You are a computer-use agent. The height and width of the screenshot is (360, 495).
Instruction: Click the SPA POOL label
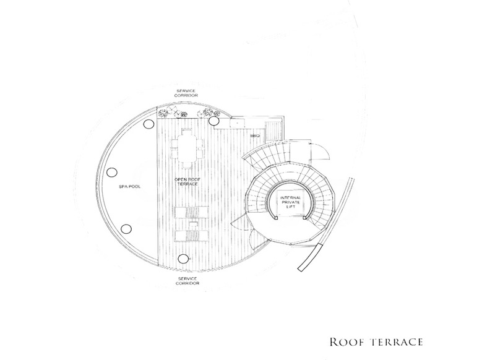(130, 186)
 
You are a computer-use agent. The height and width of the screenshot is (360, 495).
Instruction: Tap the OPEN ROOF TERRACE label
(187, 181)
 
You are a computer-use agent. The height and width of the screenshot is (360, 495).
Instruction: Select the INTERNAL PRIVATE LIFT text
(290, 202)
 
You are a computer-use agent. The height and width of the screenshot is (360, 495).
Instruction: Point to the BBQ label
(255, 135)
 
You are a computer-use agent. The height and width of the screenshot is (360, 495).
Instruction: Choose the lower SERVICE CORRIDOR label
(187, 281)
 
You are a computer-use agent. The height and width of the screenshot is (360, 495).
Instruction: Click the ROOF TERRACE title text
(376, 342)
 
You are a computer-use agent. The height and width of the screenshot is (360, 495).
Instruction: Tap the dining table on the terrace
(187, 148)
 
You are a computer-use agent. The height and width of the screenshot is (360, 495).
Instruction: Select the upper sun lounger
(192, 212)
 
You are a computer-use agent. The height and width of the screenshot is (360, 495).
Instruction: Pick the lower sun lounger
(192, 236)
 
